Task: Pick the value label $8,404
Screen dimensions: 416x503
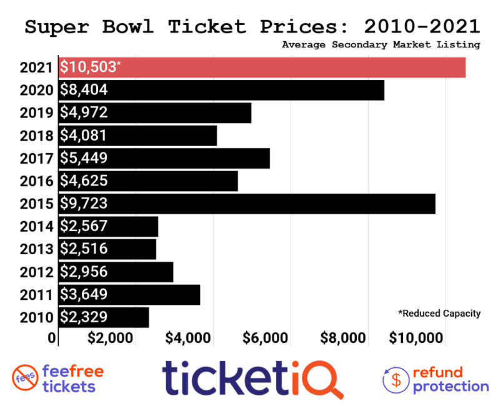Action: (84, 90)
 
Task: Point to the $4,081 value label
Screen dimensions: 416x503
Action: (84, 136)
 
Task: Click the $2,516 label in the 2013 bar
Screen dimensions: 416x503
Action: (84, 249)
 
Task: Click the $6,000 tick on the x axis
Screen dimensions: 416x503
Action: (266, 339)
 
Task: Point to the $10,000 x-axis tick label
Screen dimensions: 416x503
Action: (416, 339)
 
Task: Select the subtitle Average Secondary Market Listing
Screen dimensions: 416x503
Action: (381, 44)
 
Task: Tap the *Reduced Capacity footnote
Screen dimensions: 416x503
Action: (439, 313)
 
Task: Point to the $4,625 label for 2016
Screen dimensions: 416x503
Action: (84, 181)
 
